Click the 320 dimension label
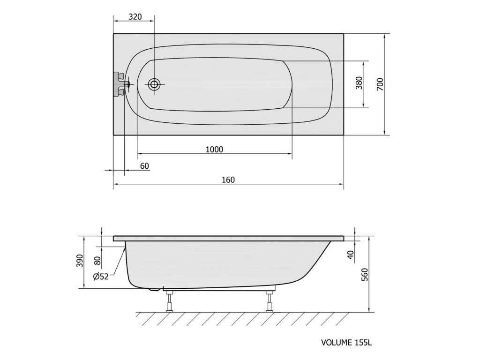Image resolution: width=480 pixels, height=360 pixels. point(135,16)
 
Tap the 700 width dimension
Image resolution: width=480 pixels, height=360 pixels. point(380,84)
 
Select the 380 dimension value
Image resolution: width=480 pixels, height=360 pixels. point(359,83)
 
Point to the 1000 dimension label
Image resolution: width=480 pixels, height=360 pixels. point(214,150)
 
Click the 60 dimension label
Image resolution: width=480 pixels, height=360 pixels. point(144,166)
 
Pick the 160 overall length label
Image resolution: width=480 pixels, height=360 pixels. point(228,180)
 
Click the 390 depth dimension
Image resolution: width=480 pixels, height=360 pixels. point(80,261)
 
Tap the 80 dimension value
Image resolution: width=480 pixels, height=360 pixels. point(97,261)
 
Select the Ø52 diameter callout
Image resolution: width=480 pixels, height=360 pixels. point(101,277)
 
